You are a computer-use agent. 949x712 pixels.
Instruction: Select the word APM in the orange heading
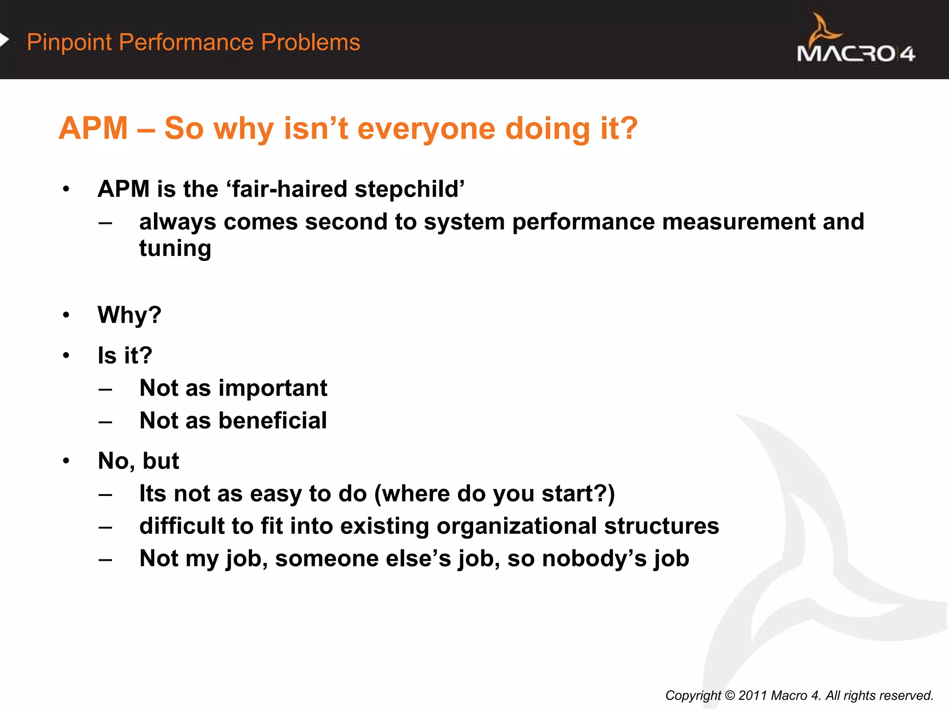pos(93,128)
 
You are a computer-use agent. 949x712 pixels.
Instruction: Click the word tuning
pos(175,249)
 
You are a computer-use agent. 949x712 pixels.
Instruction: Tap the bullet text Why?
pos(129,315)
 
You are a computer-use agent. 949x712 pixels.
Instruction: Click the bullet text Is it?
pos(125,356)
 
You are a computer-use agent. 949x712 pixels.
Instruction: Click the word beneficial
pos(272,420)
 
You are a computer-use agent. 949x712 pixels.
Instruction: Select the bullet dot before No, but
pos(66,461)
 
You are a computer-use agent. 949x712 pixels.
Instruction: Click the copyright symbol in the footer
pos(729,695)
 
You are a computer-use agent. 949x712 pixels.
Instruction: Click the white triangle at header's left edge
pos(4,40)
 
